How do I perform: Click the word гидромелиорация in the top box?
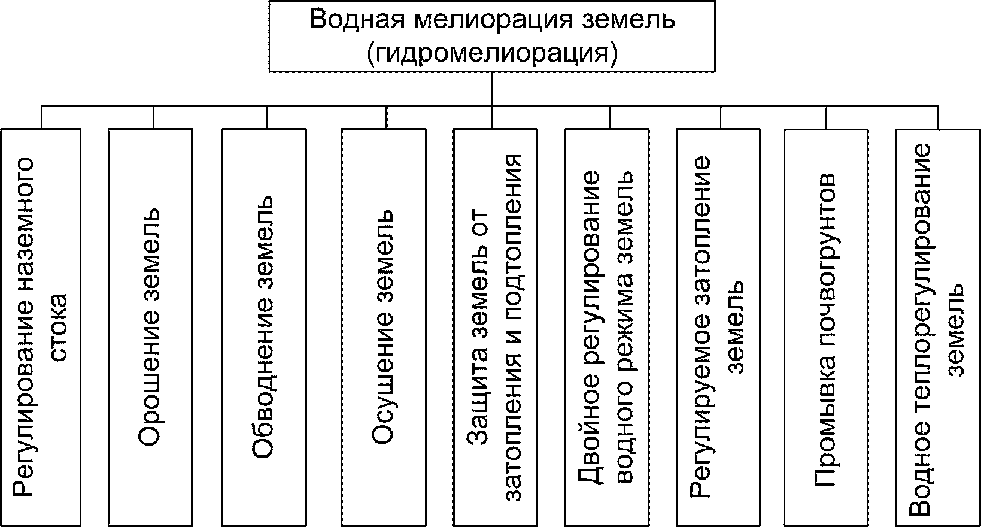pyautogui.click(x=492, y=53)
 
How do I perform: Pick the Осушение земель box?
pyautogui.click(x=383, y=326)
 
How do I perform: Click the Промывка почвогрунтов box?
pyautogui.click(x=826, y=326)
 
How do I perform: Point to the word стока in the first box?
pyautogui.click(x=60, y=326)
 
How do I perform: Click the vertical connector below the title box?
pyautogui.click(x=492, y=90)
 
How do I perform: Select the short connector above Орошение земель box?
pyautogui.click(x=153, y=118)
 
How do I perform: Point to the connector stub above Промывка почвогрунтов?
pyautogui.click(x=826, y=118)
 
